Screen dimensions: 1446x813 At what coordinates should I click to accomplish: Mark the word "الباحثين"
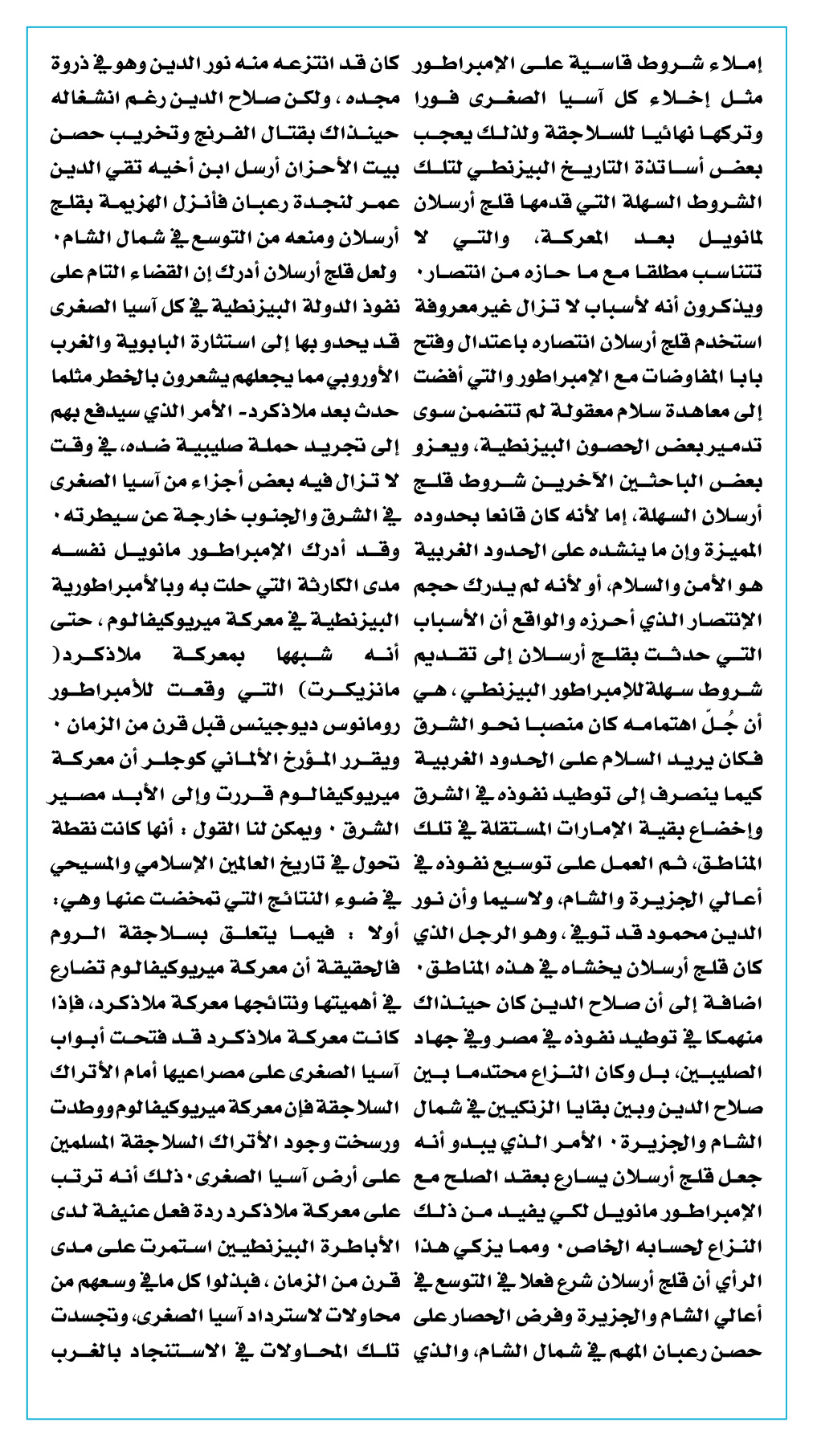662,482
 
